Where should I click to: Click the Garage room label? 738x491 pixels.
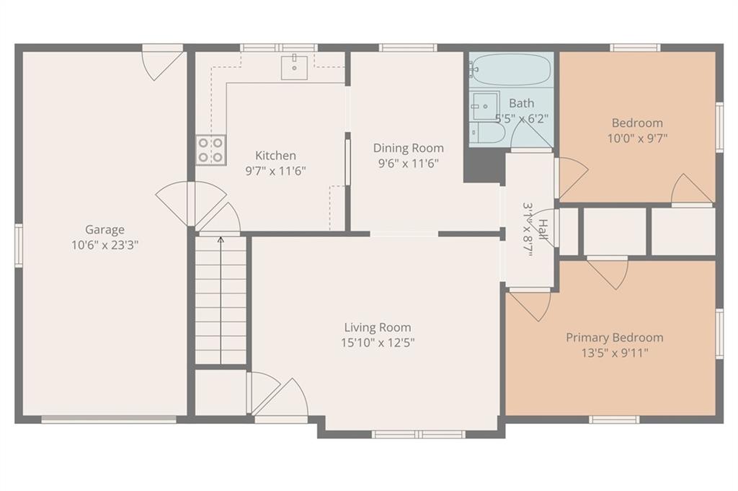pos(105,230)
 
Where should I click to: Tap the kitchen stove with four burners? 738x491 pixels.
pos(210,150)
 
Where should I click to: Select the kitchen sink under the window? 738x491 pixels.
pos(294,68)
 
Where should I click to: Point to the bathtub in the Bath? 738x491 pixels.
pos(510,69)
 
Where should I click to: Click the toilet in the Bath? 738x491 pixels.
pos(488,132)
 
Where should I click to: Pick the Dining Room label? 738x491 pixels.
pos(409,149)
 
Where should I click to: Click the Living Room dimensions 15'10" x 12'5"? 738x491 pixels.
pos(378,342)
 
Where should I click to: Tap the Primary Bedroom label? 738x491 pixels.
pos(615,337)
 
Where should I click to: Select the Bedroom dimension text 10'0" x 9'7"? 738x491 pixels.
pos(637,138)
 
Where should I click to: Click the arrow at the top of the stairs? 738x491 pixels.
pos(221,240)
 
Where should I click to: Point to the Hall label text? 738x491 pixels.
pos(543,229)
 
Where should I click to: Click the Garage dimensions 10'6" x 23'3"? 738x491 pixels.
pos(105,245)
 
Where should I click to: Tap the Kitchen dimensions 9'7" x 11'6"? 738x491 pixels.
pos(276,170)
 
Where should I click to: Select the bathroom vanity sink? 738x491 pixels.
pos(484,106)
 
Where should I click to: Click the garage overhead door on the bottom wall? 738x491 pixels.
pos(109,420)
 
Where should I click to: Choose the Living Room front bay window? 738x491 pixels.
pos(418,434)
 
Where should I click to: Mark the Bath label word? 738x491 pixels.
pos(522,103)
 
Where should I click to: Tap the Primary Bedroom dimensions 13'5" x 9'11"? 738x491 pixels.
pos(615,353)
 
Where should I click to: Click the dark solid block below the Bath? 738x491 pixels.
pos(484,165)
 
